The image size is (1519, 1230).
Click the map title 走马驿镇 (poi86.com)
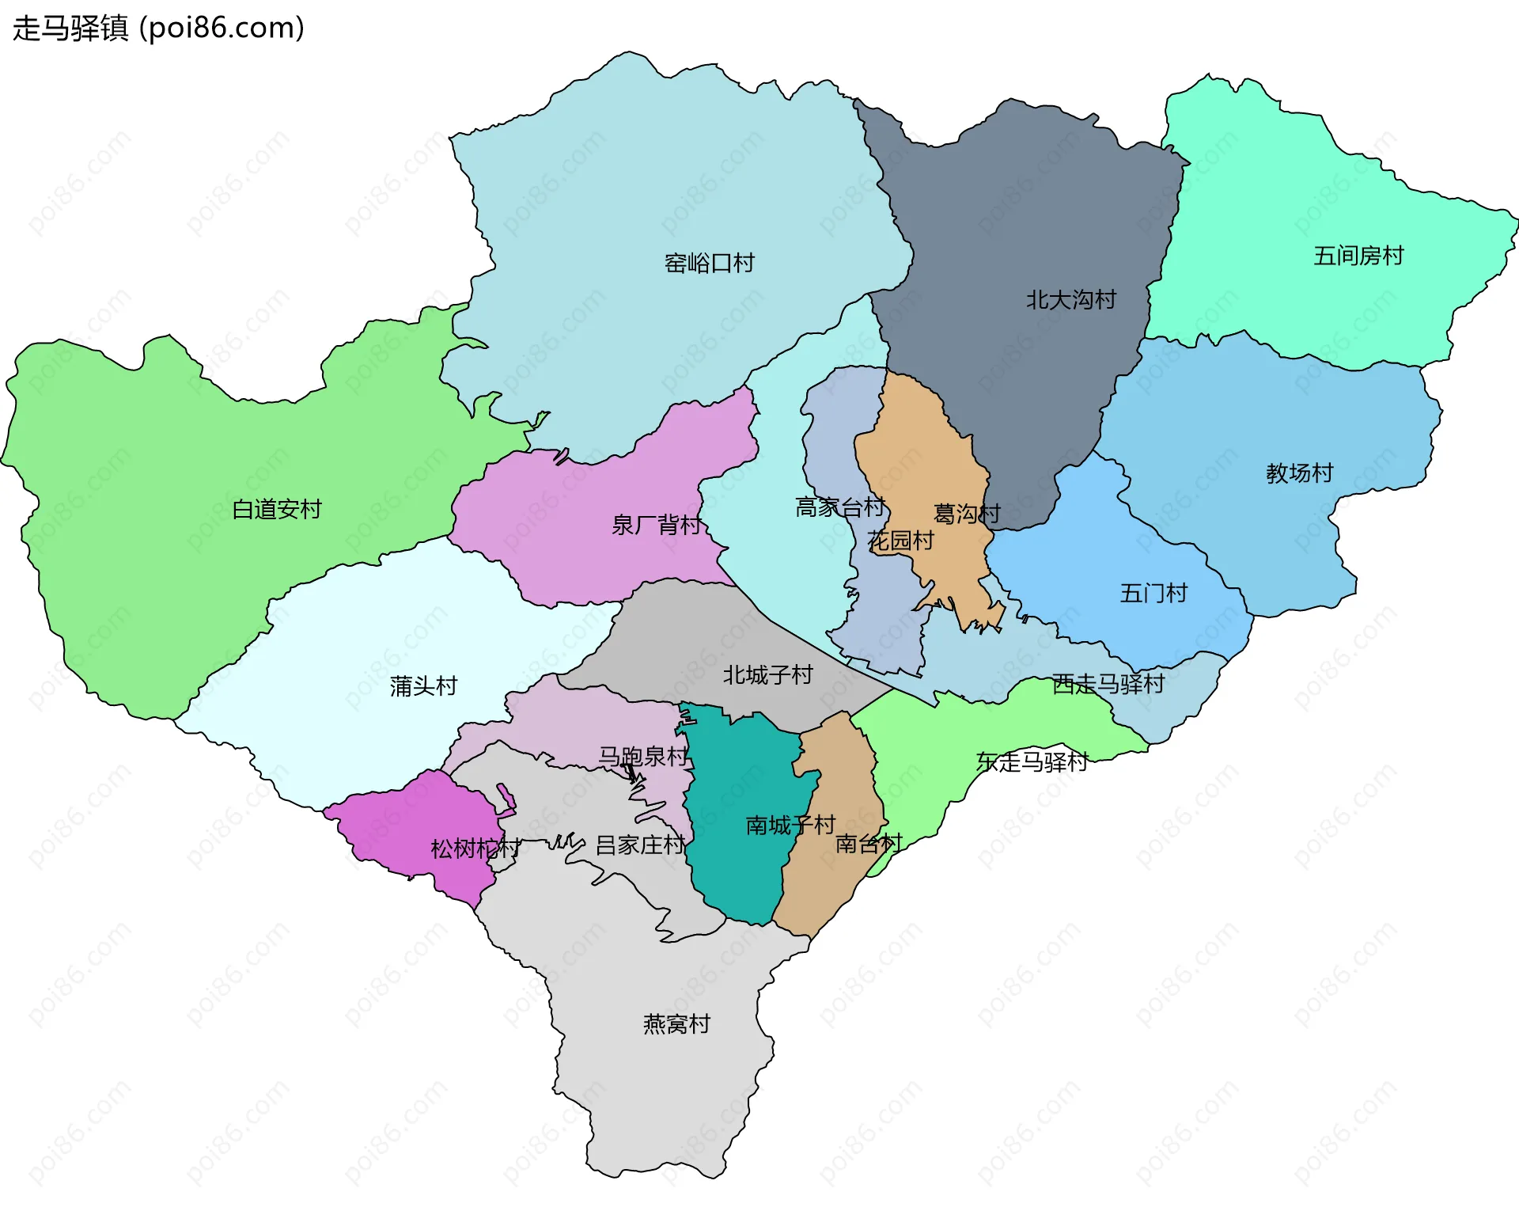[x=158, y=28]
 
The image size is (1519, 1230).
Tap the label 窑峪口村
[x=709, y=263]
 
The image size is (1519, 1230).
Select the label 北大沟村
[x=1070, y=300]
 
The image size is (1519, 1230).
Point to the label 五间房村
[x=1358, y=256]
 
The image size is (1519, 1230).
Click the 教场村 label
[x=1299, y=473]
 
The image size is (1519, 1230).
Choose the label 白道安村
[x=276, y=509]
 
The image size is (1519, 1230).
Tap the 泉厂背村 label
[x=656, y=525]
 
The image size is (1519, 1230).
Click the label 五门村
[x=1153, y=593]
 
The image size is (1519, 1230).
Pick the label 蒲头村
[x=423, y=685]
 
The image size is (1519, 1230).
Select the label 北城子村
[x=767, y=675]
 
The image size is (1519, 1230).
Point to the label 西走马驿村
[x=1108, y=684]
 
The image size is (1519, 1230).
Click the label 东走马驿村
[x=1032, y=761]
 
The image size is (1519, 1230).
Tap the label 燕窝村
[x=676, y=1024]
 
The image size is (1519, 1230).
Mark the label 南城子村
[x=790, y=826]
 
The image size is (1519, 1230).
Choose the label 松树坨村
[x=475, y=848]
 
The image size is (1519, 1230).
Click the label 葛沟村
[x=967, y=514]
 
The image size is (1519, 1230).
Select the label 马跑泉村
[x=642, y=756]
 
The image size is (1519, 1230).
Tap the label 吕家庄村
[x=640, y=845]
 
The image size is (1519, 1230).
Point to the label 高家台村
[x=839, y=507]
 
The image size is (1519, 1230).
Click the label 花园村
[x=900, y=541]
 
